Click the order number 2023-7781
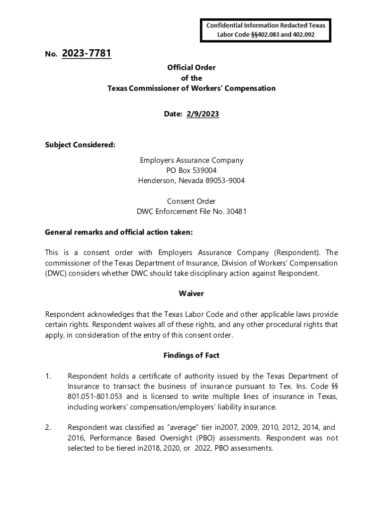(x=87, y=53)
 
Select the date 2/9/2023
(x=202, y=114)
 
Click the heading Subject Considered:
(x=80, y=145)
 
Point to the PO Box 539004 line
(x=191, y=170)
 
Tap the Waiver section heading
(x=191, y=294)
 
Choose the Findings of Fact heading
(x=191, y=356)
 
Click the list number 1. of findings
(x=48, y=376)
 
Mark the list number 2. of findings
(x=48, y=427)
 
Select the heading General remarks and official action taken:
(x=118, y=232)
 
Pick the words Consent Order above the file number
(x=191, y=201)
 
